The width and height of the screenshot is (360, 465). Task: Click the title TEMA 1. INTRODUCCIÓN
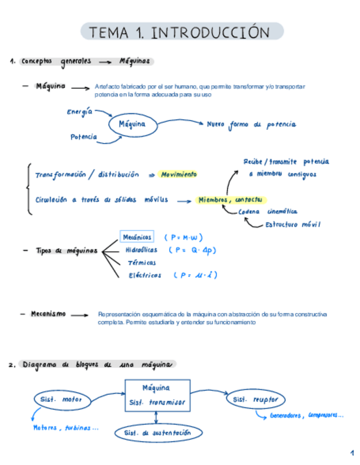[182, 32]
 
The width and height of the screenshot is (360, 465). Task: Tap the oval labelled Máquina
[132, 124]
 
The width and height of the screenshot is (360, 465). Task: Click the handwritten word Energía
[80, 112]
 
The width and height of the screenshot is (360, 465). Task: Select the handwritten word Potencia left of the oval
[83, 137]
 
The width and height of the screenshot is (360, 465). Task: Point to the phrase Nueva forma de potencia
[251, 124]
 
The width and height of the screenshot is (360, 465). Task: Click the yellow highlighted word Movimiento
[178, 174]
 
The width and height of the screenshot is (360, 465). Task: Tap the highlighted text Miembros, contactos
[230, 200]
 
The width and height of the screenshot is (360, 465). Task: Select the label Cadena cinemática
[268, 211]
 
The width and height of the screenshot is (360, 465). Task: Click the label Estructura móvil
[292, 224]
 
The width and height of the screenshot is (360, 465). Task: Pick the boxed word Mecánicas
[137, 237]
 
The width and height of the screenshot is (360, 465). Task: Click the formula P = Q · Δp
[193, 250]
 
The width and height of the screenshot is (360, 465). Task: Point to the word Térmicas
[141, 263]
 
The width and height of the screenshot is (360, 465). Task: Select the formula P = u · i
[194, 275]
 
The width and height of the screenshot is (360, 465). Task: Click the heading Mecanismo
[48, 314]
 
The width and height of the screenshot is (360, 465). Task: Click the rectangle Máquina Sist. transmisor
[157, 396]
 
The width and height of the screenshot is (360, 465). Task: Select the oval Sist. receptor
[255, 400]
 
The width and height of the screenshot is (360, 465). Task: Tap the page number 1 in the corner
[352, 453]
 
